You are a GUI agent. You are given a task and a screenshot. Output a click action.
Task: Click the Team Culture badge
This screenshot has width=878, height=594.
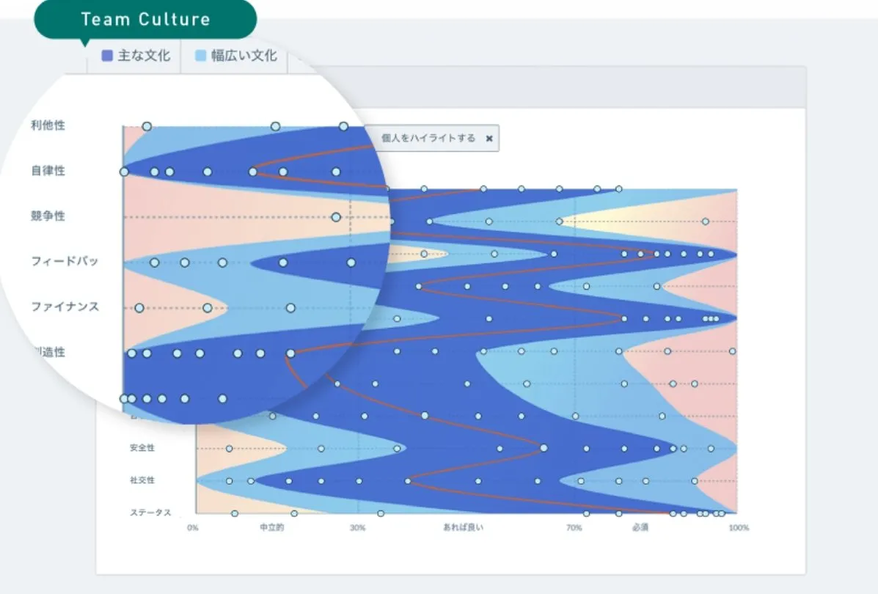tap(145, 19)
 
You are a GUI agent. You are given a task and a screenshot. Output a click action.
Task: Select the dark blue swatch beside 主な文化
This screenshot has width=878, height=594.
tap(107, 56)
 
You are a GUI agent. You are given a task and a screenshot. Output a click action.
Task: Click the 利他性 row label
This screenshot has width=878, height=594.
tap(48, 125)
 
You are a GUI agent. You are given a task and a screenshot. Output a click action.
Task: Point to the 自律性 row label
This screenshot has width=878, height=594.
tap(48, 171)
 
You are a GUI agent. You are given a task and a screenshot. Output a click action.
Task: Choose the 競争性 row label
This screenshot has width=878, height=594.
tap(48, 216)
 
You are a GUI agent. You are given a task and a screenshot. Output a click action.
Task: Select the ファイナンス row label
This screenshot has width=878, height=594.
tap(65, 307)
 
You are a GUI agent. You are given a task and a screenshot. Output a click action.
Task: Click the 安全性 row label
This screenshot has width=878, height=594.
tap(142, 447)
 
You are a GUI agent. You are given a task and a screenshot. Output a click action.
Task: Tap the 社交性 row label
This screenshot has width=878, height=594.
tap(142, 480)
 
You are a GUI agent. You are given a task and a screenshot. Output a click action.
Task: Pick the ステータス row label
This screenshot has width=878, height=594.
tap(150, 513)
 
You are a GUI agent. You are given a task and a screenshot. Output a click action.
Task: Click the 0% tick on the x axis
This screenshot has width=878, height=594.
tap(193, 528)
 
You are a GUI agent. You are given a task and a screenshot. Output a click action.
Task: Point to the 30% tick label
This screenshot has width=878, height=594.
tap(357, 528)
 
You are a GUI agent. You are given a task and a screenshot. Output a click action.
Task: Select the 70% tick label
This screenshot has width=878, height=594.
tap(574, 528)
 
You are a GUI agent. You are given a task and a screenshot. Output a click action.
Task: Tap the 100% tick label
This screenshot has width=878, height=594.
tap(739, 528)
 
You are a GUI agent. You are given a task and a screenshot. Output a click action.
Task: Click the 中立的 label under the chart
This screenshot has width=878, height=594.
tap(272, 528)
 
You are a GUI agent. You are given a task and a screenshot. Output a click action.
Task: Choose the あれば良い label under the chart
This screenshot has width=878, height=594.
tap(463, 528)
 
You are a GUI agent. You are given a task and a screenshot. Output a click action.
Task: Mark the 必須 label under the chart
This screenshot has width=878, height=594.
tap(640, 528)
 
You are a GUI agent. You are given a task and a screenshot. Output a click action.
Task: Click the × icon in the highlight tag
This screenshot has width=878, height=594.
tap(489, 138)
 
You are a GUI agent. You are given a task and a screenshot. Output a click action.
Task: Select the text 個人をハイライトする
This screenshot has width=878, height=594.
tap(428, 138)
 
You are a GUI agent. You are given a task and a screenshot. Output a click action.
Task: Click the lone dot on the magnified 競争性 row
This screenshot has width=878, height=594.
tap(336, 217)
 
